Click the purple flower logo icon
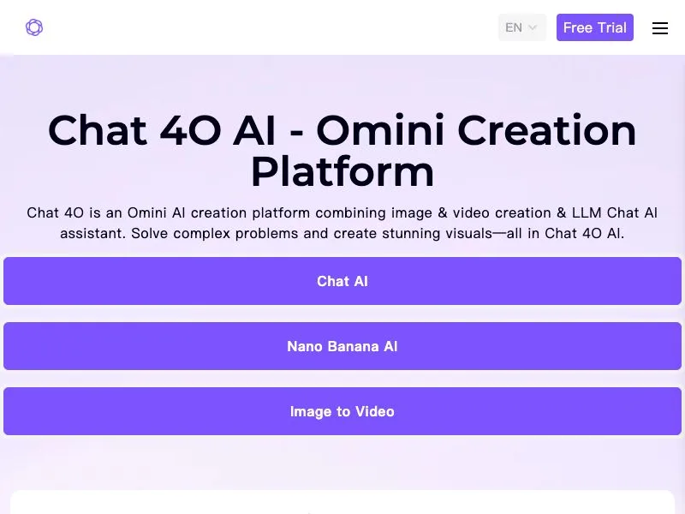coord(34,27)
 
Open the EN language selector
coord(522,27)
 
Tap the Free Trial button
coord(594,27)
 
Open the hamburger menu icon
coord(659,28)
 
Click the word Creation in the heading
coord(547,130)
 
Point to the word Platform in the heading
coord(342,171)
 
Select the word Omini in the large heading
coord(380,130)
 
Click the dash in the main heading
coord(296,131)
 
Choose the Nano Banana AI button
coord(342,346)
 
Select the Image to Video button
coord(342,411)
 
